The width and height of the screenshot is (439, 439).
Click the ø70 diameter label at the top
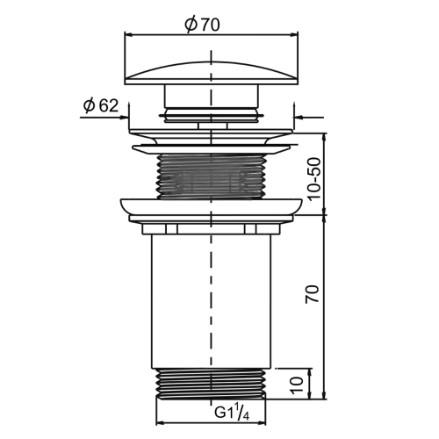click(202, 25)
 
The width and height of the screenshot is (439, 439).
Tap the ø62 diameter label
click(101, 105)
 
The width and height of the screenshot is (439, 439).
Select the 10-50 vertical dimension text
click(314, 179)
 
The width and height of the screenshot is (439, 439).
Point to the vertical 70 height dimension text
click(312, 294)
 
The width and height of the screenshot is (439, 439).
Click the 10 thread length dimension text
click(297, 385)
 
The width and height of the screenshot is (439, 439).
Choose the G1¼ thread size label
click(232, 413)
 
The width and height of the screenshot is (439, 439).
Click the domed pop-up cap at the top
click(212, 73)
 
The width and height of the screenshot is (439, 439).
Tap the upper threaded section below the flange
click(211, 176)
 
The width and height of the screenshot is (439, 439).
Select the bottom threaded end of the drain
click(211, 384)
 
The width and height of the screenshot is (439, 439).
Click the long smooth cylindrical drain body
click(211, 301)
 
